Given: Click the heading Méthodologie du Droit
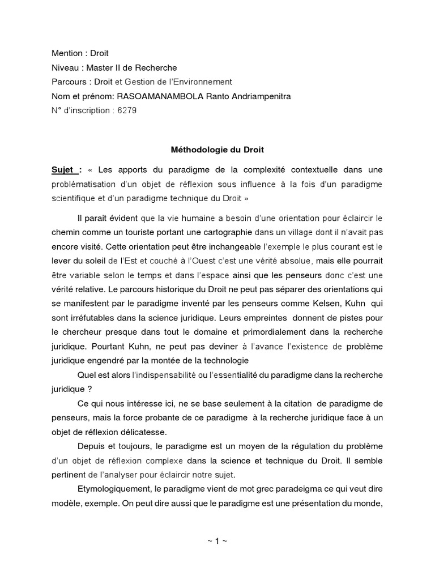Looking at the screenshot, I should [217, 151].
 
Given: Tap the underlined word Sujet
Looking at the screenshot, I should [63, 169].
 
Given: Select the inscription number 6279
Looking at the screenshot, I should [127, 110].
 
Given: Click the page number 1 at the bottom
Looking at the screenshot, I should [217, 541].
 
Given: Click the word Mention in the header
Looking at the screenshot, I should [67, 53].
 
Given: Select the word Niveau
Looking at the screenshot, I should [66, 67].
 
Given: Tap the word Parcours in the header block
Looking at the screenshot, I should [69, 82].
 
